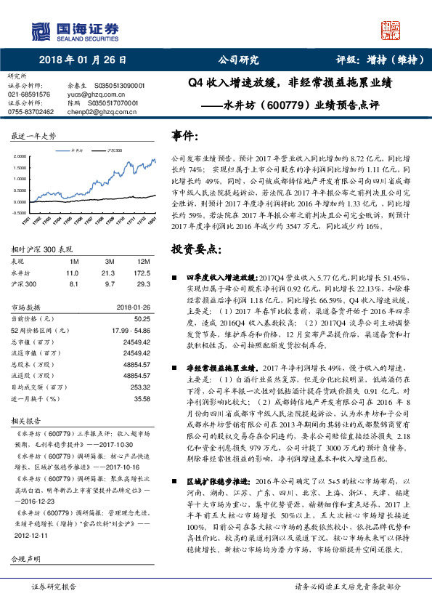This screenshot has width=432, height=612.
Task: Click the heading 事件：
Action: coord(184,136)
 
